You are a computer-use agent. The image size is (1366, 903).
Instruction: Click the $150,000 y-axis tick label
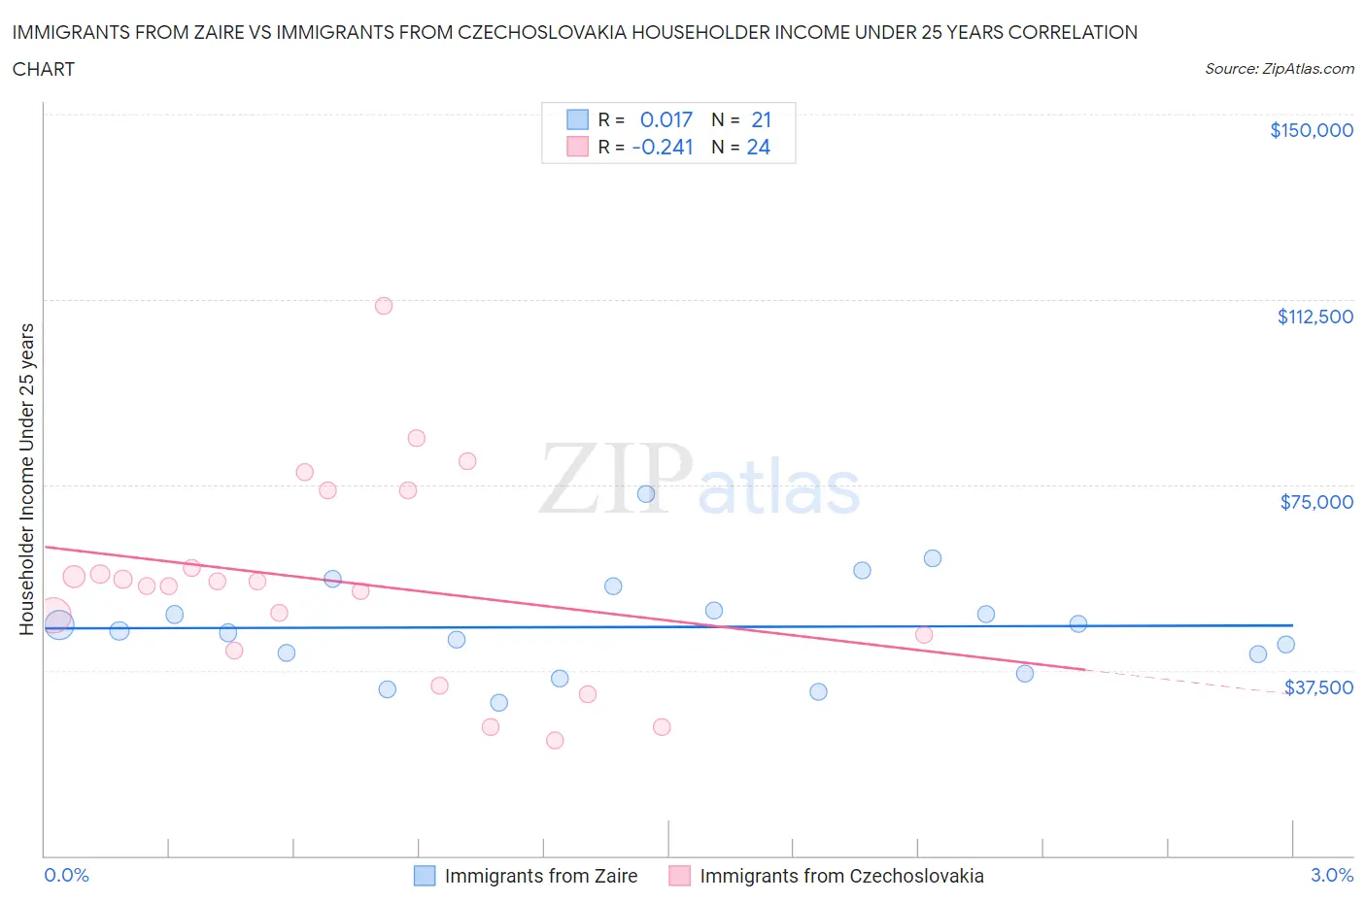click(x=1311, y=131)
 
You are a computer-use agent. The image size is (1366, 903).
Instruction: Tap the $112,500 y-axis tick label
click(x=1315, y=317)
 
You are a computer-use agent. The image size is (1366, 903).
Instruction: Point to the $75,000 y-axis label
click(x=1315, y=502)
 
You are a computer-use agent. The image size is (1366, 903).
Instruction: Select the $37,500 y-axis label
click(x=1317, y=687)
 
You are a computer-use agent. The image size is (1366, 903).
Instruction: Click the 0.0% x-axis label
click(x=66, y=875)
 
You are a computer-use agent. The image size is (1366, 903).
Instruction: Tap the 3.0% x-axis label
click(x=1331, y=875)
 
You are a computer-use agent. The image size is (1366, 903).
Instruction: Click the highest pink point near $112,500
click(x=384, y=306)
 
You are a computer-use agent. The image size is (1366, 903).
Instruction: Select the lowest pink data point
click(x=555, y=740)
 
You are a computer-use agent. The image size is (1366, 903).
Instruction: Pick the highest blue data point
click(x=646, y=494)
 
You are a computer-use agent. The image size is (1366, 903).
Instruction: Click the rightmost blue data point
click(x=1285, y=645)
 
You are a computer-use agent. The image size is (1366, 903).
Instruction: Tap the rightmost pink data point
click(x=924, y=635)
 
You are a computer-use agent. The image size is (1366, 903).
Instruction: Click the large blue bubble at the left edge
click(x=59, y=624)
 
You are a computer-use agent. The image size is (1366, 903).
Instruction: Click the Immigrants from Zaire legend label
click(x=540, y=876)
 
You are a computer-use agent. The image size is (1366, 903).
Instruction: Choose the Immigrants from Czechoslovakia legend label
click(x=841, y=876)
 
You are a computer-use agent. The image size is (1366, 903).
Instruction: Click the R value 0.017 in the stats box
click(x=666, y=119)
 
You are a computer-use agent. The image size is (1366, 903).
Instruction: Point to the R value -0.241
click(x=663, y=147)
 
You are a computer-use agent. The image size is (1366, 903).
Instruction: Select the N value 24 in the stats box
click(x=758, y=147)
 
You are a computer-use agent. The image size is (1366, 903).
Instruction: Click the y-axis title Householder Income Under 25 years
click(x=26, y=479)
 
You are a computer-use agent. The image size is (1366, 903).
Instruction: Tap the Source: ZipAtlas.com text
click(x=1279, y=69)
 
